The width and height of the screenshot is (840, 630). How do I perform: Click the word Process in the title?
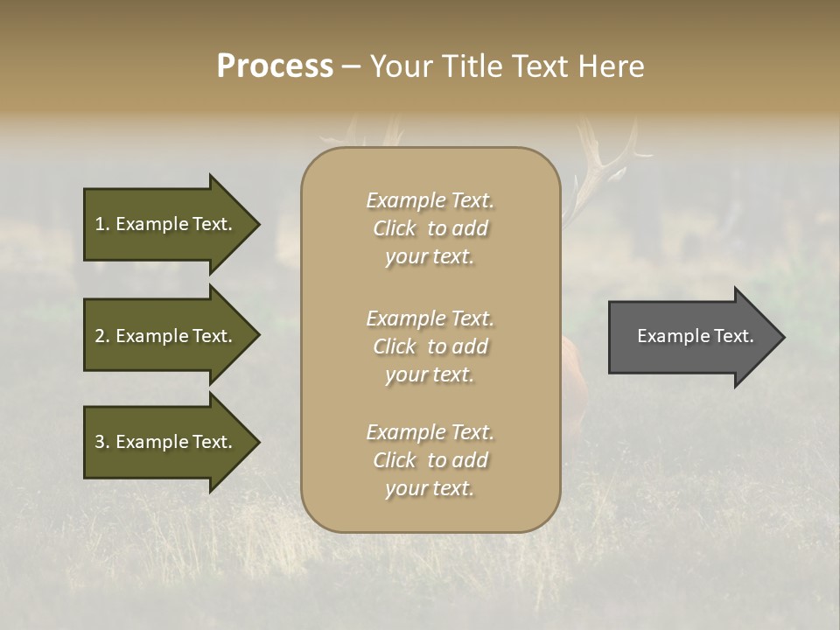coord(275,66)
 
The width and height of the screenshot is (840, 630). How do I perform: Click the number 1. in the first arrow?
coord(102,224)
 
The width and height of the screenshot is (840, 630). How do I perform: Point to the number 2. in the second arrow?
coord(102,336)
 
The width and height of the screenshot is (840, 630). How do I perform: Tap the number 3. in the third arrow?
coord(102,442)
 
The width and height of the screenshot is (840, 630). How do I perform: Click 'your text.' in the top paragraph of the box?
coord(430,257)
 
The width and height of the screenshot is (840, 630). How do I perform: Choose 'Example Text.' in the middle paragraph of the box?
coord(430,318)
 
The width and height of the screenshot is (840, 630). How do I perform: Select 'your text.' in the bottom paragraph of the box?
coord(430,489)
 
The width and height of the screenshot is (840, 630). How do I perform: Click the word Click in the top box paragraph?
coord(395,229)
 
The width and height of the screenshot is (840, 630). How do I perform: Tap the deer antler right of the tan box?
coord(604,166)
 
